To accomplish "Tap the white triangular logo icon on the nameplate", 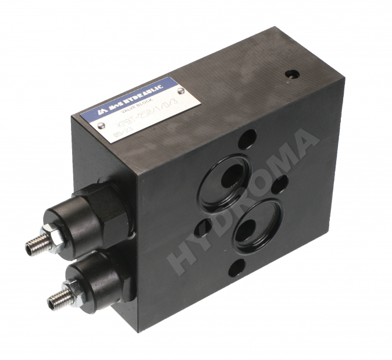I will [91, 112].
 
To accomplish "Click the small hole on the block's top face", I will [292, 76].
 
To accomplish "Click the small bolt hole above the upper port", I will [247, 139].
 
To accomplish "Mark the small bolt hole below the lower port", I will [236, 268].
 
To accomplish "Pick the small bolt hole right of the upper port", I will [280, 184].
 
